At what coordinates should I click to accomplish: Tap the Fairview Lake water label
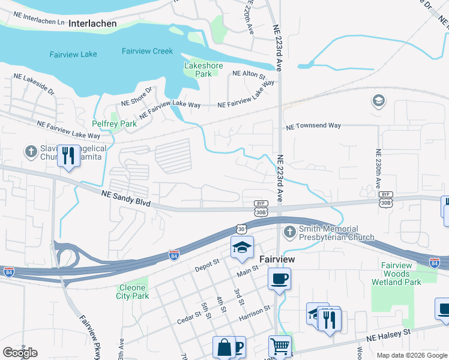pos(73,54)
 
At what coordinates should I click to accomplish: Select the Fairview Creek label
pos(147,51)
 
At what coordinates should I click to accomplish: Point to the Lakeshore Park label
pos(203,70)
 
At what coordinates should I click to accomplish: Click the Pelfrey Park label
pos(114,124)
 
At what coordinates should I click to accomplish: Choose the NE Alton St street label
pos(249,74)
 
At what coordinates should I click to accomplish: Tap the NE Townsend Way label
pos(313,126)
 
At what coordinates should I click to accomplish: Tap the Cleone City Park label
pos(132,291)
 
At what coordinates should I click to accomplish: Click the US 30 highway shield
pos(241,229)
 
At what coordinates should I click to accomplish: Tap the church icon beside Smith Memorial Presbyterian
pos(289,232)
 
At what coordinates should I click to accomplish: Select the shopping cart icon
pos(280,346)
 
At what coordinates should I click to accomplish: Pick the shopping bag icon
pos(224,347)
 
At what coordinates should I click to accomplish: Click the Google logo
pos(20,353)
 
